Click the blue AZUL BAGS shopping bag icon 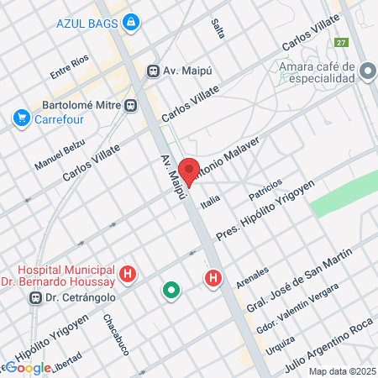(x=130, y=24)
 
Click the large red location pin (x=189, y=171)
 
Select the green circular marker (x=171, y=291)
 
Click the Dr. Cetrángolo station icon (x=34, y=297)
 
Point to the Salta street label (x=218, y=30)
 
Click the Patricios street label (x=263, y=189)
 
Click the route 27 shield (x=341, y=43)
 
